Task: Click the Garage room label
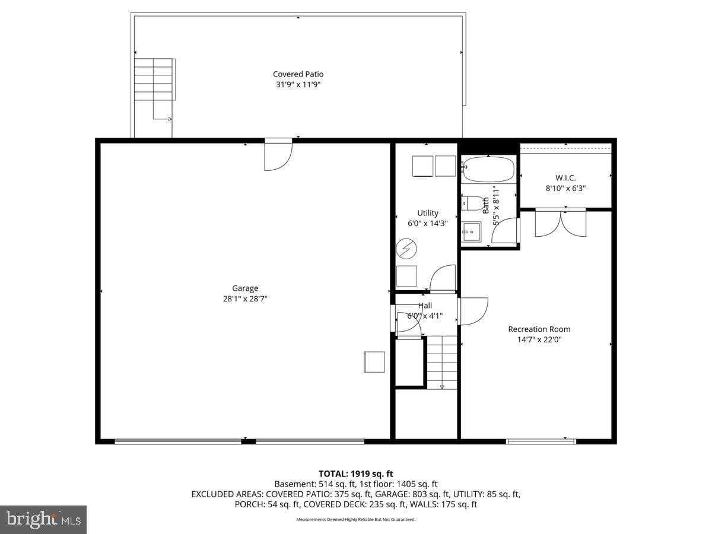(245, 288)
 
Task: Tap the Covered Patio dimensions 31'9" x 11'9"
(298, 85)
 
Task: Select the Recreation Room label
(539, 329)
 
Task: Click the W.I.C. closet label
(565, 177)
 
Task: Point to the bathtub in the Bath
(488, 170)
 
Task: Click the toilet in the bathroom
(472, 204)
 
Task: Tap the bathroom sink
(472, 231)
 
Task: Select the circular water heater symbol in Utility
(406, 249)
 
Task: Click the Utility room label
(427, 213)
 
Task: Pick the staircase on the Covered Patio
(154, 80)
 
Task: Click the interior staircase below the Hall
(442, 362)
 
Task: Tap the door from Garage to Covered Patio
(278, 155)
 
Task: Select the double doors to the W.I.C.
(561, 223)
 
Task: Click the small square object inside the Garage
(374, 362)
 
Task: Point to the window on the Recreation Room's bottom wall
(541, 441)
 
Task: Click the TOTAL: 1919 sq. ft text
(355, 473)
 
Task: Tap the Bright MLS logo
(43, 520)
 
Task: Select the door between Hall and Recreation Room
(473, 311)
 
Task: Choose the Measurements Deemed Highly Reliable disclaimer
(355, 520)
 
